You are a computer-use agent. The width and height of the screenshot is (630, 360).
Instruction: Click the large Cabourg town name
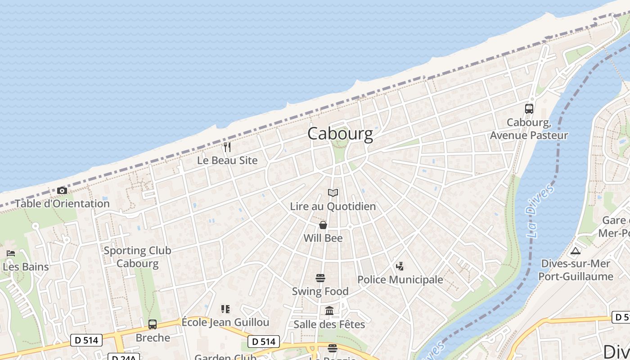(340, 134)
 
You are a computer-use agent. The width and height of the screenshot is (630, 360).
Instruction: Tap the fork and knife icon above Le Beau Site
(227, 147)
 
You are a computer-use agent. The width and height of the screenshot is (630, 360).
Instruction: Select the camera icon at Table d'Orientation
(62, 190)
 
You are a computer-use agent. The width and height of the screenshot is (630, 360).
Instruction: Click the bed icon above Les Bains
(11, 253)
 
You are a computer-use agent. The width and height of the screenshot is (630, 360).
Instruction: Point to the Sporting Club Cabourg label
(137, 257)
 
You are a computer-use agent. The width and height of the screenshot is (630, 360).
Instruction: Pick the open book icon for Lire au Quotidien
(333, 193)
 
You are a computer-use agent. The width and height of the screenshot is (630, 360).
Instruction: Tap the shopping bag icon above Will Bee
(323, 225)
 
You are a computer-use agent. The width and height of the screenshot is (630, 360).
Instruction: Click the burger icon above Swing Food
(320, 278)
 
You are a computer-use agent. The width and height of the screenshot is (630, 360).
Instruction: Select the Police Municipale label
(400, 279)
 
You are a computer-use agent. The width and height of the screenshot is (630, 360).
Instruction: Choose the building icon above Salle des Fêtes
(329, 311)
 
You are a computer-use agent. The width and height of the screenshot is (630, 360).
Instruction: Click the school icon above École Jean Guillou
(225, 309)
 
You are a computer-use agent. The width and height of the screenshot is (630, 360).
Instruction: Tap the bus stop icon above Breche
(153, 324)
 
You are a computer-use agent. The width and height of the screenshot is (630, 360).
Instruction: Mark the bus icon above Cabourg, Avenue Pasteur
(529, 108)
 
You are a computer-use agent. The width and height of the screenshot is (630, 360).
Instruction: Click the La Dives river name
(540, 211)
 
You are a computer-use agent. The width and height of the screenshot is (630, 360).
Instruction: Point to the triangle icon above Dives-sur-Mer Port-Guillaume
(576, 251)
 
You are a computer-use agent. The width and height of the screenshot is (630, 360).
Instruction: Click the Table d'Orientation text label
(62, 203)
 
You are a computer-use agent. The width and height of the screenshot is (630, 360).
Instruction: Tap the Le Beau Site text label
(227, 160)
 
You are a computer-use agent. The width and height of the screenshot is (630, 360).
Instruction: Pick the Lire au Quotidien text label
(333, 207)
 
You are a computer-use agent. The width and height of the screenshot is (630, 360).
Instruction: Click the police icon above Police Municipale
(400, 266)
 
